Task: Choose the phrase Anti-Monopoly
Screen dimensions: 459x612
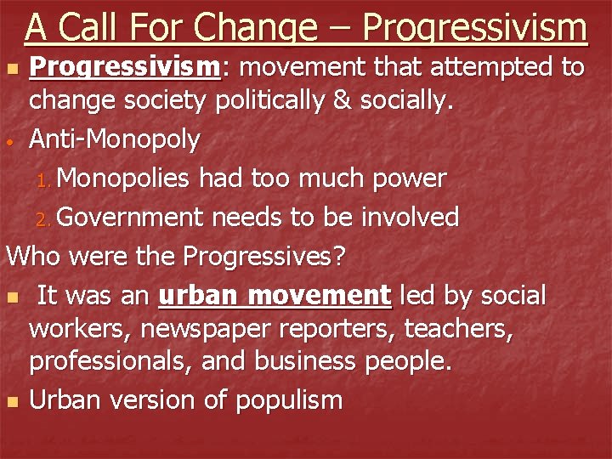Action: coord(115,139)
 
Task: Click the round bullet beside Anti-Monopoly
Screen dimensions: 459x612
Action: coord(13,141)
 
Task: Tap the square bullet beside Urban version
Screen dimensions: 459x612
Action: coord(12,402)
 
